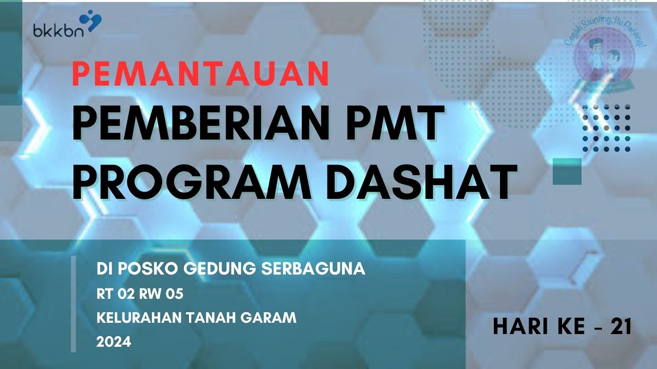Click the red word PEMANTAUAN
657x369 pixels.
tap(200, 74)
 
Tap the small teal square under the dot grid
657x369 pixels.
tap(567, 171)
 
